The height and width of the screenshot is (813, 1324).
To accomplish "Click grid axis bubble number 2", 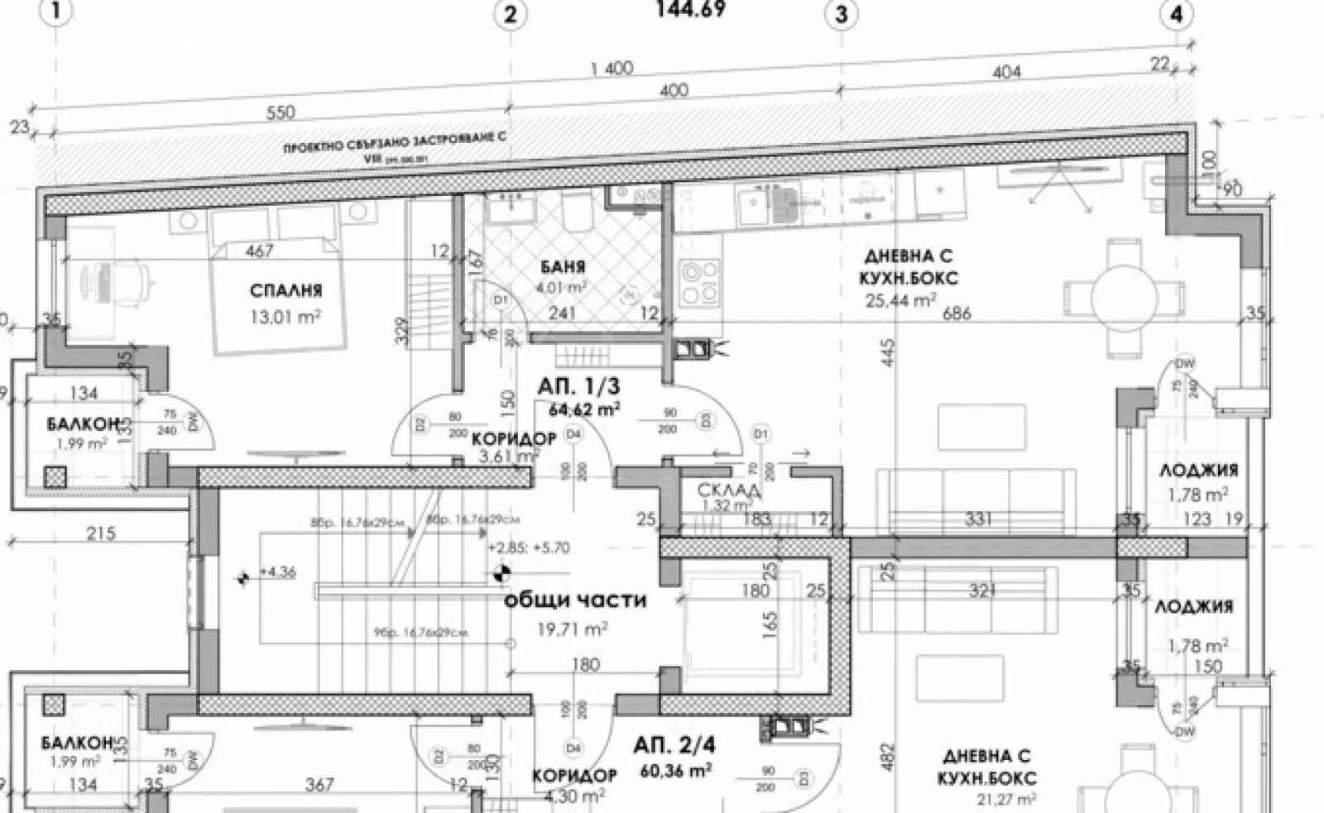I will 511,14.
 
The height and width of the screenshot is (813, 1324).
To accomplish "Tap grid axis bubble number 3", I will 842,14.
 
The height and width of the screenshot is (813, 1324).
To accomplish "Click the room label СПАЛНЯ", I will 285,290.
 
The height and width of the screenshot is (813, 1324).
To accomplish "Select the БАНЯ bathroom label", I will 563,266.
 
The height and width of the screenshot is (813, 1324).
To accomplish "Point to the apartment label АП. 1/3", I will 578,385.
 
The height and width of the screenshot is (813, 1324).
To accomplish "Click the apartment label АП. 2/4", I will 674,745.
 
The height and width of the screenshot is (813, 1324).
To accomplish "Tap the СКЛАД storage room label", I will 728,490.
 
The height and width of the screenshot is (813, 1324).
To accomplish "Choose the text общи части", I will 575,600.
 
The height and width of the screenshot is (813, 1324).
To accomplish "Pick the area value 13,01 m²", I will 285,316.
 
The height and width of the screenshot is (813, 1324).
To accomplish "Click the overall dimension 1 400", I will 612,69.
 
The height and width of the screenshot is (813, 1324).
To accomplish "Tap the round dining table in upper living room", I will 1124,294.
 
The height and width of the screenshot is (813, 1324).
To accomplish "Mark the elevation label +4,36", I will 277,572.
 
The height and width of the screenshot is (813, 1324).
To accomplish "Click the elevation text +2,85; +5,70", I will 528,548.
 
